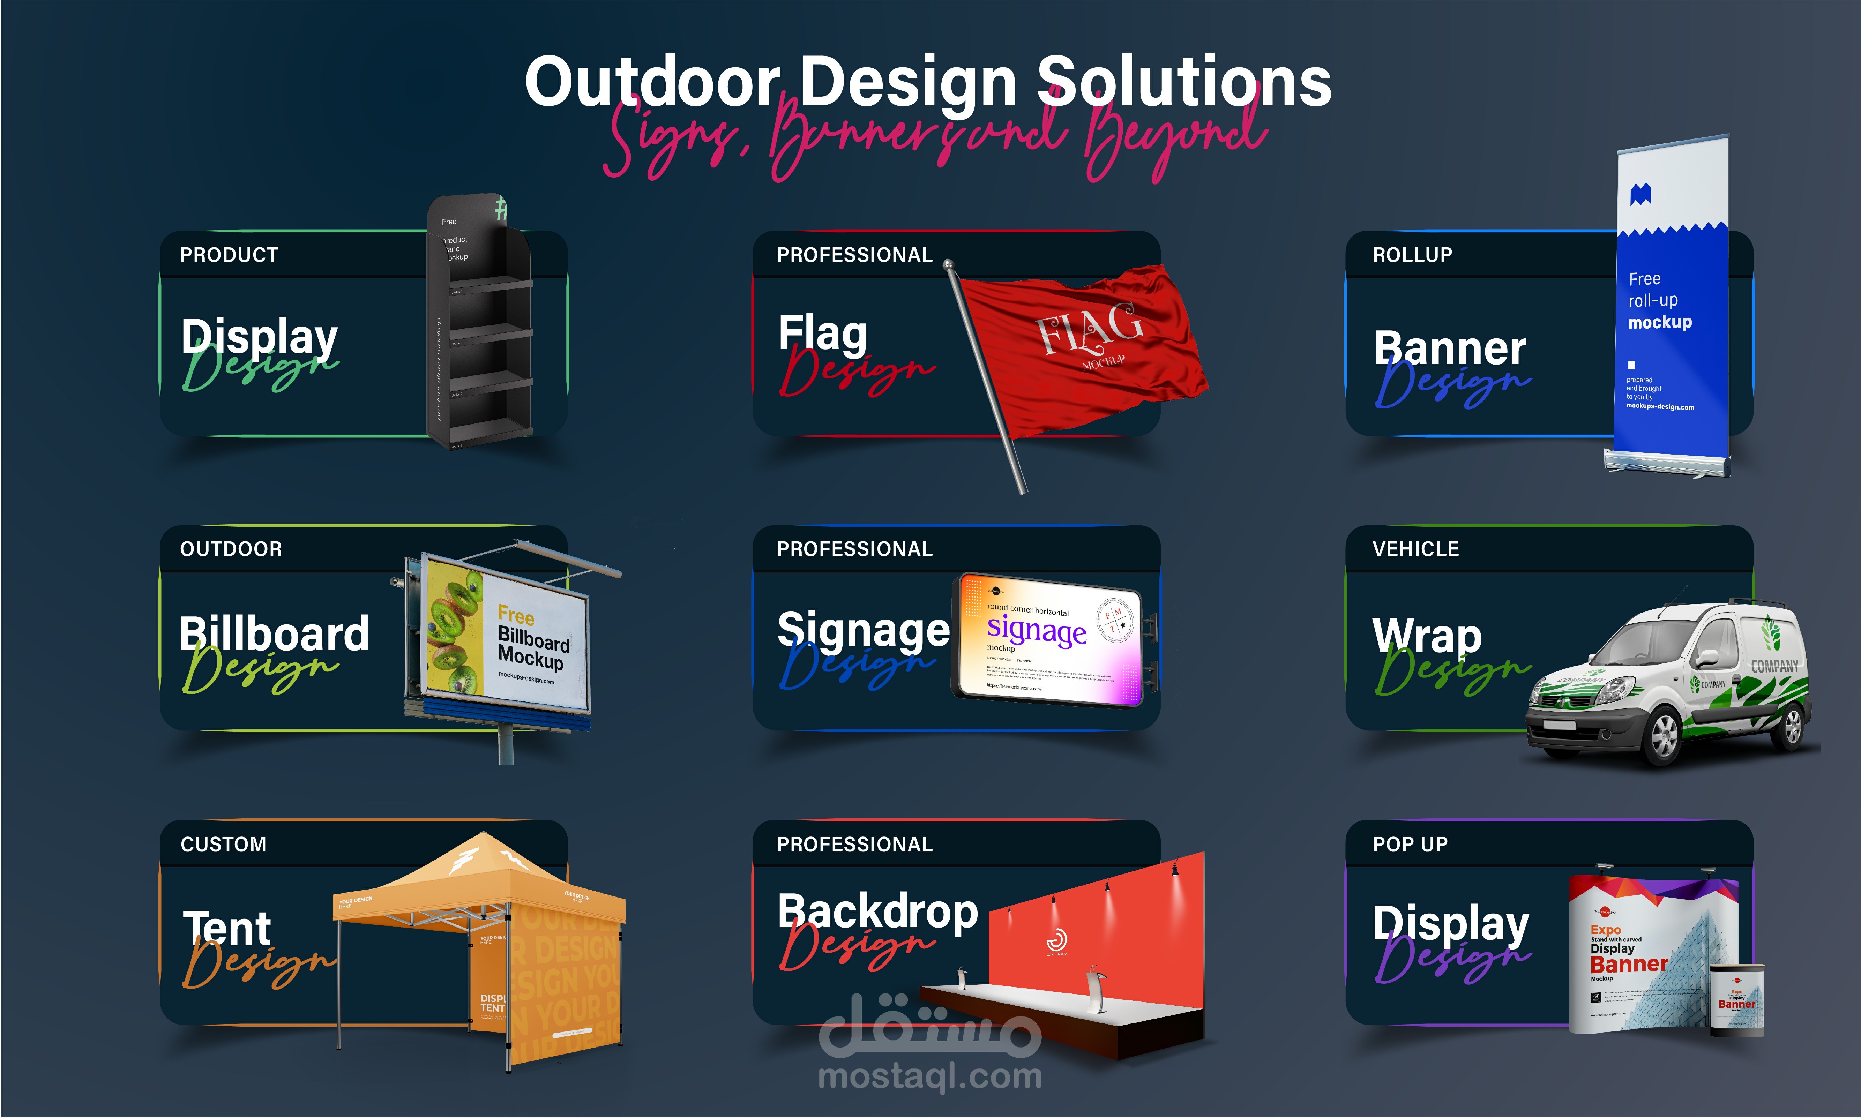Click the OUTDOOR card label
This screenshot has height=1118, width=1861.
(x=231, y=549)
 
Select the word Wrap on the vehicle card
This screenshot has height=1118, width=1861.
(x=1426, y=635)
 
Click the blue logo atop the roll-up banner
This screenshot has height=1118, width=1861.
(x=1640, y=195)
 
